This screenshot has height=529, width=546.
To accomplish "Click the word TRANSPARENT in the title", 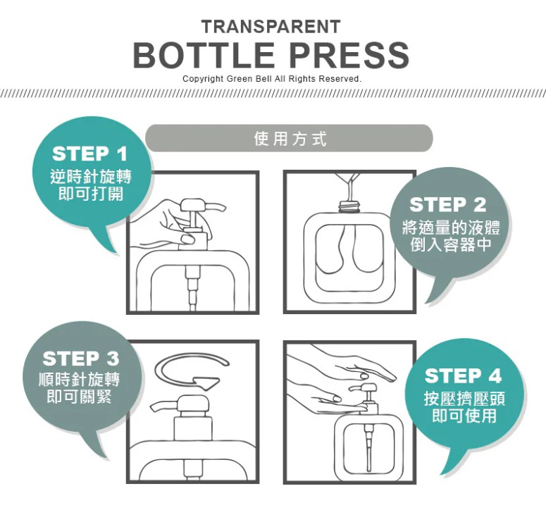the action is [x=271, y=27].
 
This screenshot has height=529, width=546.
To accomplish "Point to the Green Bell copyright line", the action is [x=273, y=79].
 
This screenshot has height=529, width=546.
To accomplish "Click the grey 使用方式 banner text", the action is [x=290, y=139].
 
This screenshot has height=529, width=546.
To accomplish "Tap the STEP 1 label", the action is [x=90, y=154].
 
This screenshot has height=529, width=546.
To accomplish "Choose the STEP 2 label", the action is [x=448, y=204].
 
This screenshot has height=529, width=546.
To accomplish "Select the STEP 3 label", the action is [x=81, y=359].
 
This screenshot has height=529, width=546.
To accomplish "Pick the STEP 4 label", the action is [x=463, y=375].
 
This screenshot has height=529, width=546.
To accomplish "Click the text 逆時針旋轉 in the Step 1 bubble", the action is [x=91, y=177].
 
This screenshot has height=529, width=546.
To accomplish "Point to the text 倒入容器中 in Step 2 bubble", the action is [x=451, y=244].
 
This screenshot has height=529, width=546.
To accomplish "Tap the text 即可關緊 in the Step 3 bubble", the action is [x=79, y=396].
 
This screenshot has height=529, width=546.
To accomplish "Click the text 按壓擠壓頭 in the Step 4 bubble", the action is [x=464, y=399].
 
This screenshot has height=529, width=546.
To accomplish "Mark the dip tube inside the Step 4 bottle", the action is [x=368, y=447].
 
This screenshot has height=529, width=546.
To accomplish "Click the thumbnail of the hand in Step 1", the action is [x=187, y=239].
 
